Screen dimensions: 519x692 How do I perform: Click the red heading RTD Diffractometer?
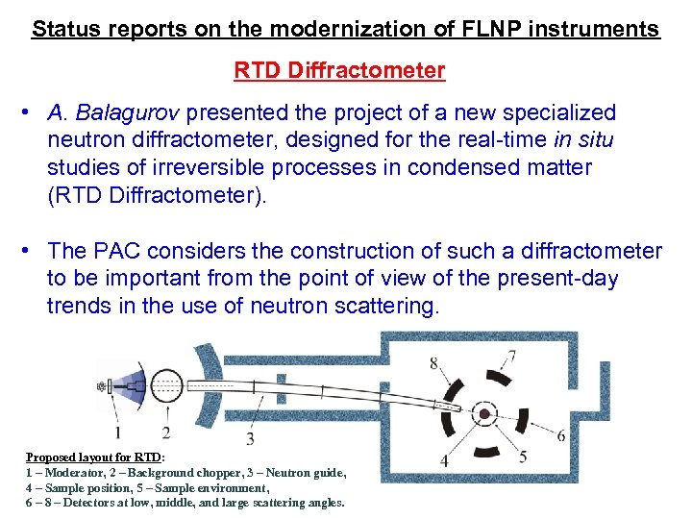click(339, 70)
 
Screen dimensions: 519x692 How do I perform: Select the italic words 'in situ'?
click(584, 140)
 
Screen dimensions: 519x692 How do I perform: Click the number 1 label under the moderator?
click(117, 432)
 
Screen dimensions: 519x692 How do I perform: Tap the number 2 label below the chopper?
click(165, 432)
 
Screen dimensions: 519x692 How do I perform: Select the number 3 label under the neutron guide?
click(250, 439)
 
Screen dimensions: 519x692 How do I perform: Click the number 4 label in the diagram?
click(443, 461)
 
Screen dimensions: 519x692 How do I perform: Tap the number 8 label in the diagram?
click(433, 362)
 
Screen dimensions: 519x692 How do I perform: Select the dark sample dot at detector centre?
click(485, 414)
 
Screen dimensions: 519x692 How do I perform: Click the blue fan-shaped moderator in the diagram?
click(132, 387)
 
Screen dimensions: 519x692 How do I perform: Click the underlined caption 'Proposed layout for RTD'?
click(93, 457)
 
